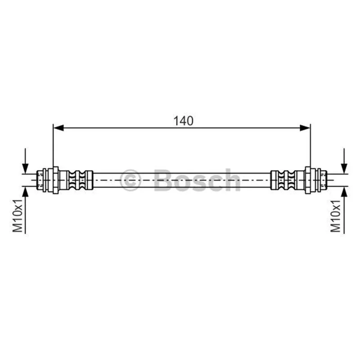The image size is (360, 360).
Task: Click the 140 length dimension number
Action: tap(183, 121)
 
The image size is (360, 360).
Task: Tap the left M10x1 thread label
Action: tap(18, 216)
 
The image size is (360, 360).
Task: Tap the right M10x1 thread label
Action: tap(335, 216)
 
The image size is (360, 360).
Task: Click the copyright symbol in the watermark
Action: tap(130, 180)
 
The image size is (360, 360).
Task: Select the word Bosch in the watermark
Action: tap(198, 180)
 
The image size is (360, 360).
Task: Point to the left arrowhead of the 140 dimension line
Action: tap(58, 128)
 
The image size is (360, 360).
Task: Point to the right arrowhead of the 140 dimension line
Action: tap(305, 128)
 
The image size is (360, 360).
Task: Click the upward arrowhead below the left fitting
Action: tap(25, 192)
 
